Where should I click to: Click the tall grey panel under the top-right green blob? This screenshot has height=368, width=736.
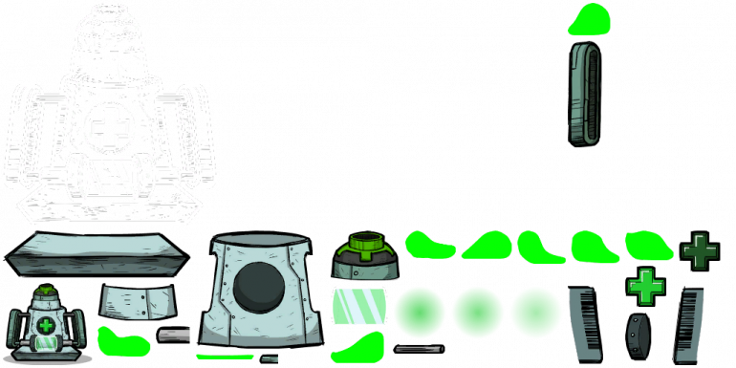[x=588, y=92]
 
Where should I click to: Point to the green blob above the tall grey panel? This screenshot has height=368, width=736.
[x=592, y=18]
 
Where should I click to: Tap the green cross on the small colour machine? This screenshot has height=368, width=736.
[x=45, y=326]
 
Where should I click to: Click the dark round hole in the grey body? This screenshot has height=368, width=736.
[x=258, y=287]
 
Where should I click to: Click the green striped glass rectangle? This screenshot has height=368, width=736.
[x=357, y=307]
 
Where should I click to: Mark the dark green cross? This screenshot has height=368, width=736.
[x=700, y=250]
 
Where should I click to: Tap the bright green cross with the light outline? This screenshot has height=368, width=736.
[x=645, y=285]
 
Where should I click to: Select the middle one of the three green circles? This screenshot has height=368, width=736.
[x=478, y=312]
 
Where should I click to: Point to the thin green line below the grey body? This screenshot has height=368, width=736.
[x=225, y=357]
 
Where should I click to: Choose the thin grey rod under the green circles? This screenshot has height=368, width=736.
[x=419, y=349]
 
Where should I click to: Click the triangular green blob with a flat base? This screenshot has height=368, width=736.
[x=487, y=246]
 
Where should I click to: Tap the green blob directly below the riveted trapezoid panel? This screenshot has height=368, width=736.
[x=121, y=340]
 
